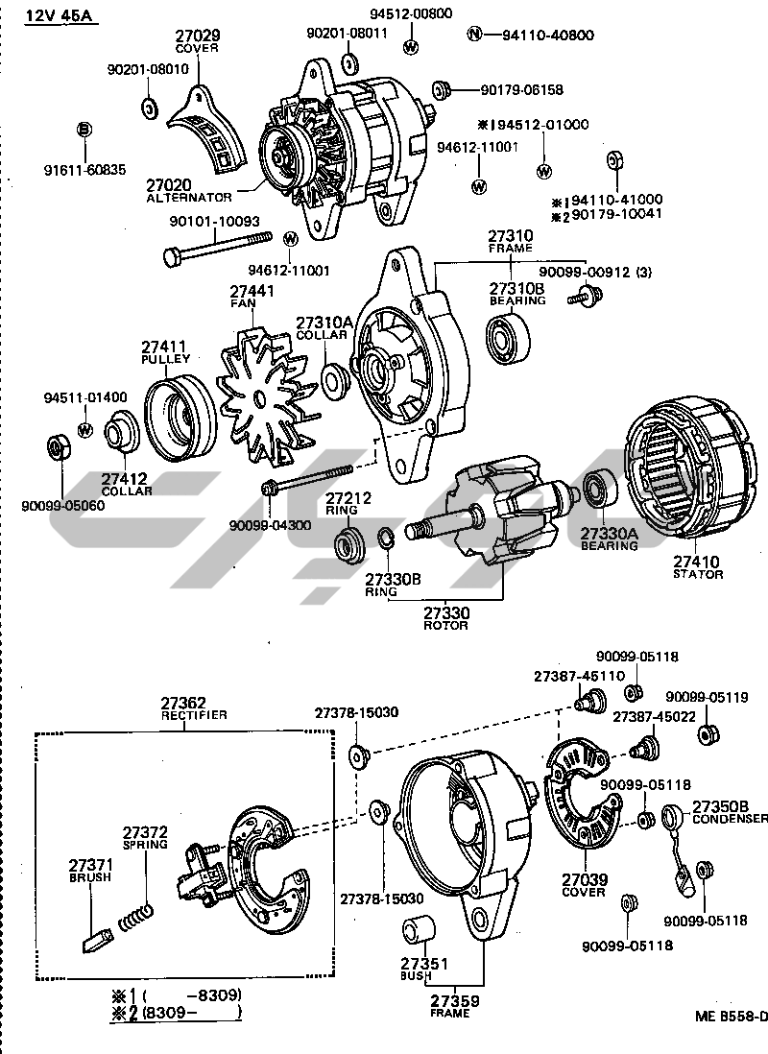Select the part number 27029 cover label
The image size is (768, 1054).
pyautogui.click(x=197, y=36)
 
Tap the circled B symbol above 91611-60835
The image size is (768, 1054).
pyautogui.click(x=84, y=129)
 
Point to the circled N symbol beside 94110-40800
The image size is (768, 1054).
pyautogui.click(x=473, y=36)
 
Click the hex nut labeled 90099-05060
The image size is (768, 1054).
pyautogui.click(x=57, y=448)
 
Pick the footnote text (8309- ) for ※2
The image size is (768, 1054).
pyautogui.click(x=190, y=1012)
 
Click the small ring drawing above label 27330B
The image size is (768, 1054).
pyautogui.click(x=382, y=538)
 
